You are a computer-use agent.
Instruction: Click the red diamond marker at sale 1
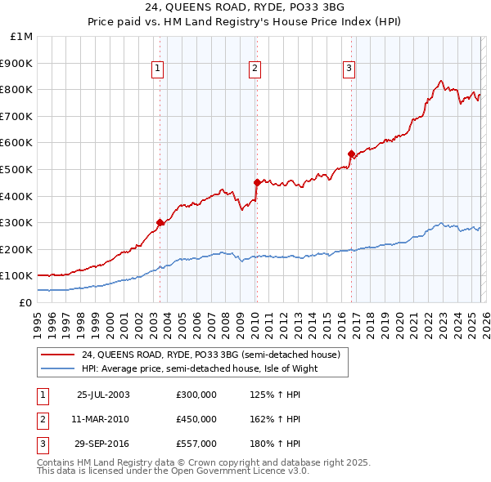coord(160,222)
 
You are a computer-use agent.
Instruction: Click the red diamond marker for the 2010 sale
coord(257,182)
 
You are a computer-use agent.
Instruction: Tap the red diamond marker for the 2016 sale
coord(351,154)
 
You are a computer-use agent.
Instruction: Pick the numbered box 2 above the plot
coord(255,69)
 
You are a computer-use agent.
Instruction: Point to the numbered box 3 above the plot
coord(349,69)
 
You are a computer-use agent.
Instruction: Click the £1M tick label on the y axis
coord(21,37)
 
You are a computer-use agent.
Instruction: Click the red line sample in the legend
coord(58,355)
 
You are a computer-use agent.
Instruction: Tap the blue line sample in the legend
coord(58,368)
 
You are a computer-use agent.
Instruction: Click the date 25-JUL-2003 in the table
coord(103,395)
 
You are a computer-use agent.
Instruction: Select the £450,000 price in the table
coord(196,419)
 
